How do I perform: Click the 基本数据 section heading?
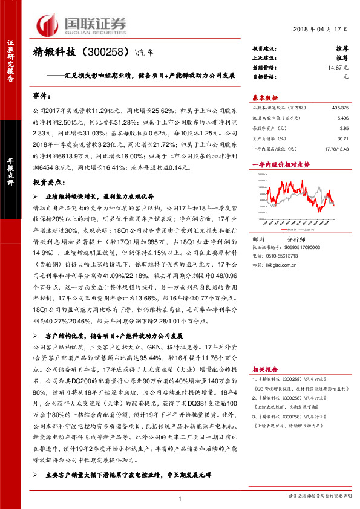[x=264, y=97]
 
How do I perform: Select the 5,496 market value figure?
[x=343, y=120]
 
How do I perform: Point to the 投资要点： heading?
[x=49, y=181]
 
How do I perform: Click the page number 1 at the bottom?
[x=180, y=498]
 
